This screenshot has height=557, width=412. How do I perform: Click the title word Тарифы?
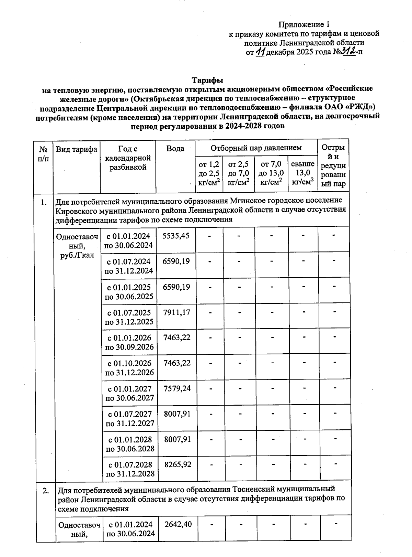tap(207, 80)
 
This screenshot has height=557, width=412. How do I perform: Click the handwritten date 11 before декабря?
tap(261, 52)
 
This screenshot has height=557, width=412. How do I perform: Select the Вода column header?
tap(175, 149)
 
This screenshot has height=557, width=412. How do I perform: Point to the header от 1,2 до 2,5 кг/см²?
tap(209, 173)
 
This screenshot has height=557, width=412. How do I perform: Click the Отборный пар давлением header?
tap(256, 148)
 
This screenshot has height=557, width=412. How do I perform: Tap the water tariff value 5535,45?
tap(176, 236)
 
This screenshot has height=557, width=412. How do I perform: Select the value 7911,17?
tap(176, 313)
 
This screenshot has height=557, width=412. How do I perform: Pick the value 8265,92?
tap(178, 465)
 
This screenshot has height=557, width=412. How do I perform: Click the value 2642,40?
tap(178, 525)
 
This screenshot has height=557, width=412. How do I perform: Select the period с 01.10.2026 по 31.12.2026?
tap(129, 368)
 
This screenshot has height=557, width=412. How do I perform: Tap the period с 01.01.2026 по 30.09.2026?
tap(129, 342)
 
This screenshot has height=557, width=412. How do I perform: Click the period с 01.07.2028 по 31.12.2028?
tap(130, 469)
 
